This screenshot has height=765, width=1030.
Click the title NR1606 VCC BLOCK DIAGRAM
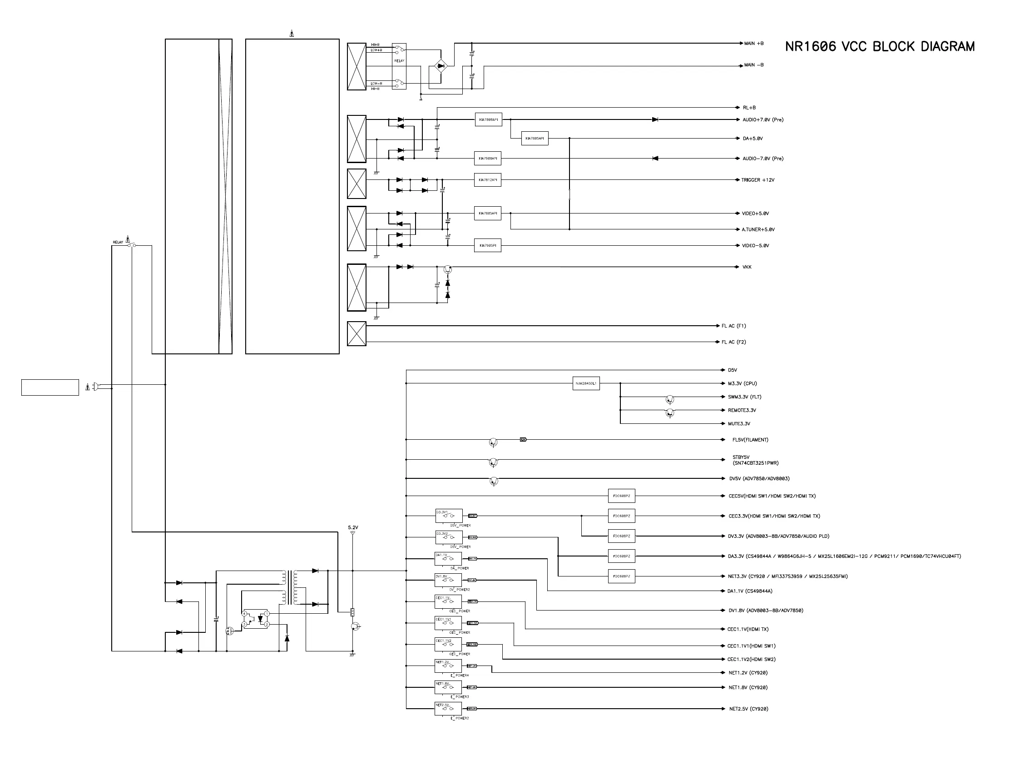point(880,46)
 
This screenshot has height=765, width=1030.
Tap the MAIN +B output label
point(753,44)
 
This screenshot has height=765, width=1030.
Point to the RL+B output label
point(749,107)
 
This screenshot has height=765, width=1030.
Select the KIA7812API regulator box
point(487,180)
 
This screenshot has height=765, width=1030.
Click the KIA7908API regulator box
point(487,159)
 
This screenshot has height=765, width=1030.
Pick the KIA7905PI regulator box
point(487,245)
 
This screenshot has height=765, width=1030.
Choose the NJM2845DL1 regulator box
point(586,383)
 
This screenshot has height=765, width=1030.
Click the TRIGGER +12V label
point(758,180)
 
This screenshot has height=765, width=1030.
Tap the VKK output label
point(747,267)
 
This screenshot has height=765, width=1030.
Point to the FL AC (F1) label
point(733,326)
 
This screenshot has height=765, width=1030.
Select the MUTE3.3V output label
point(739,424)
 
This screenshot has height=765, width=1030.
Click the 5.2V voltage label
point(353,527)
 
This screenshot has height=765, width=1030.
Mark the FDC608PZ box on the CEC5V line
point(621,496)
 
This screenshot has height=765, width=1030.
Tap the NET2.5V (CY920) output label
point(748,709)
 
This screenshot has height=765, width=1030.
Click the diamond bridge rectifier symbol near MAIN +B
point(441,66)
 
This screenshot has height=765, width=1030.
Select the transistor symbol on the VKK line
point(447,269)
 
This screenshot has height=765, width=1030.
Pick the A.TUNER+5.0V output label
point(758,230)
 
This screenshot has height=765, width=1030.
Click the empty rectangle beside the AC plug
point(50,387)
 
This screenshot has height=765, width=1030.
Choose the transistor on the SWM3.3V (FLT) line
point(669,399)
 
